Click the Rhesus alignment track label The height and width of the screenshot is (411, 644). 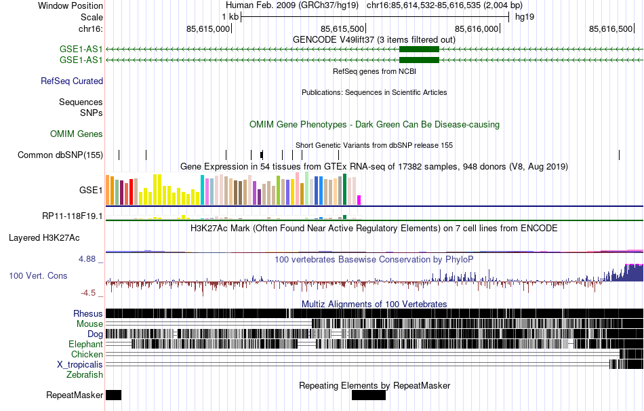click(88, 314)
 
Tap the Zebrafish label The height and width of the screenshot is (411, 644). click(85, 374)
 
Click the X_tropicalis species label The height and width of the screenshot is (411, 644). click(80, 364)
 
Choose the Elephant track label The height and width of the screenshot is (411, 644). click(85, 345)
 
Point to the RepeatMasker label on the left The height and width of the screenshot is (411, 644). click(75, 395)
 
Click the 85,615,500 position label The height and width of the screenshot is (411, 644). click(342, 28)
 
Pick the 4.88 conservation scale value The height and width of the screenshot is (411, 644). click(91, 258)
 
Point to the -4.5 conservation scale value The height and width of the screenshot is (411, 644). click(92, 293)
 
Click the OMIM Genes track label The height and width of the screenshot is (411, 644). click(77, 134)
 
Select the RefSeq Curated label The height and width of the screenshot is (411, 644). click(72, 81)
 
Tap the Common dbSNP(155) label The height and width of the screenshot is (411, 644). click(60, 155)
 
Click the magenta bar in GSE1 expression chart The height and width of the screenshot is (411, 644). click(359, 199)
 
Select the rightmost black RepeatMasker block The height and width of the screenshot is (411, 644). click(368, 395)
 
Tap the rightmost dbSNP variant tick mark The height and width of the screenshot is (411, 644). click(620, 155)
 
